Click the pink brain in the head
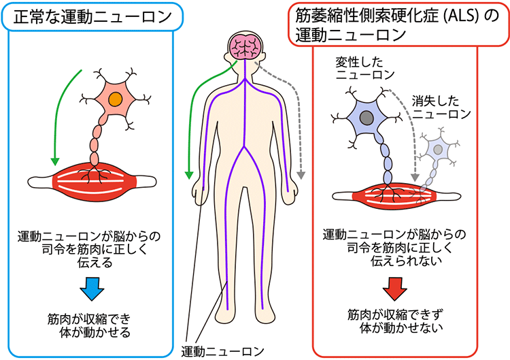[245, 46]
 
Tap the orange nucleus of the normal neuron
[116, 99]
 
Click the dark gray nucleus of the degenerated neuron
[367, 117]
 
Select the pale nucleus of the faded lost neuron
[439, 150]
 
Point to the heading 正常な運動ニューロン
[92, 17]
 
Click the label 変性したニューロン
[365, 68]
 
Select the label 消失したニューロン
[441, 108]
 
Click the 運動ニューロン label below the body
[222, 352]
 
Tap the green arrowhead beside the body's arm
[188, 175]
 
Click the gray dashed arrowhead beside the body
[301, 175]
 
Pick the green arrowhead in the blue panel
[55, 161]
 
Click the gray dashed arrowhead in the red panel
[415, 178]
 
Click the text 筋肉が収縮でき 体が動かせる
[89, 325]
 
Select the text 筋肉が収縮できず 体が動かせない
[395, 322]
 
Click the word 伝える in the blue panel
[95, 263]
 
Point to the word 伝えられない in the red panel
[406, 261]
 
